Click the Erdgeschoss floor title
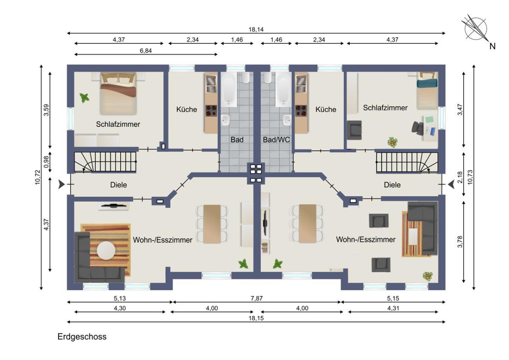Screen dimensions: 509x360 click(82, 337)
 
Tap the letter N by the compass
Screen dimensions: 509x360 click(492, 46)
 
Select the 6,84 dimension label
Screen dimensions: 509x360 click(145, 51)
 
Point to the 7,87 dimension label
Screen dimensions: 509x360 click(257, 298)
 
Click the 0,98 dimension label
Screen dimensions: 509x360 click(46, 162)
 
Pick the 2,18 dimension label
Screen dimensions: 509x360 click(460, 177)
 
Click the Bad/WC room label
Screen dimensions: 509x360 click(276, 140)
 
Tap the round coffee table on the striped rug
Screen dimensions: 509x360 click(106, 250)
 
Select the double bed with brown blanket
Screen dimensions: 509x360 click(118, 93)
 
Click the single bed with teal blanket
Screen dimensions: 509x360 click(427, 90)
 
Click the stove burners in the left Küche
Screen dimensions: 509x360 click(211, 110)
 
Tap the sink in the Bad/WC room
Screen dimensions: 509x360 click(287, 120)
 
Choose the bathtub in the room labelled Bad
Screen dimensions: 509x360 click(229, 90)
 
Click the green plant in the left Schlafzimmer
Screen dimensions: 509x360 click(84, 98)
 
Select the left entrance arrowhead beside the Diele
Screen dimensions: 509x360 click(62, 184)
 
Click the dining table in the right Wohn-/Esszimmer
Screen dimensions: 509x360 click(308, 224)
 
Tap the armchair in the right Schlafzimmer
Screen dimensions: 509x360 click(354, 130)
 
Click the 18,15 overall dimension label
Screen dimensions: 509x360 click(256, 318)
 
